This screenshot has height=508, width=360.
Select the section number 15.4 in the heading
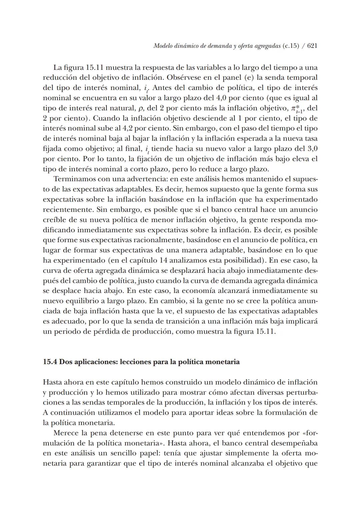click(x=50, y=362)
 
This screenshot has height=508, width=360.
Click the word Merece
click(x=66, y=433)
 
